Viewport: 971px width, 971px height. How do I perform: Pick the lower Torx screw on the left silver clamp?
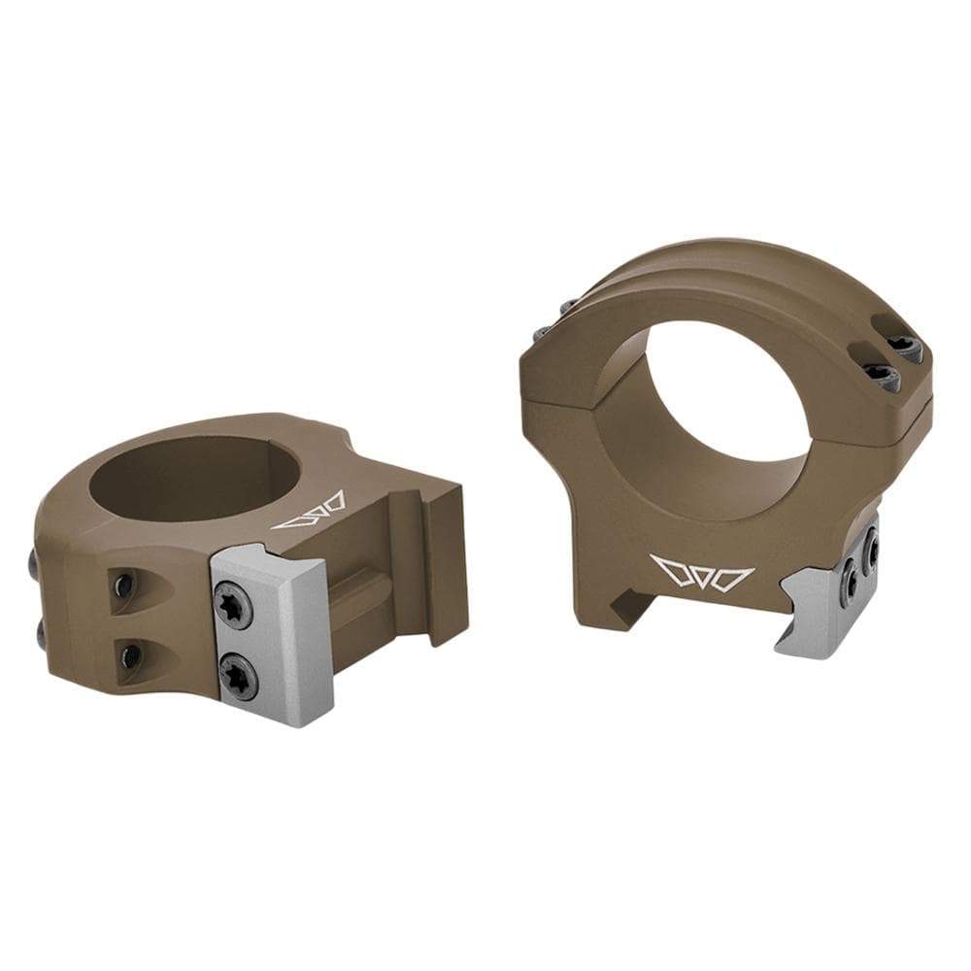238,674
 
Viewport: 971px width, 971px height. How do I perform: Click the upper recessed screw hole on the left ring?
123,586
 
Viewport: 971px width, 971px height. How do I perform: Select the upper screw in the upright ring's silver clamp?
871,549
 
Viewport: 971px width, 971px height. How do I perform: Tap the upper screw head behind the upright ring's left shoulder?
567,308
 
